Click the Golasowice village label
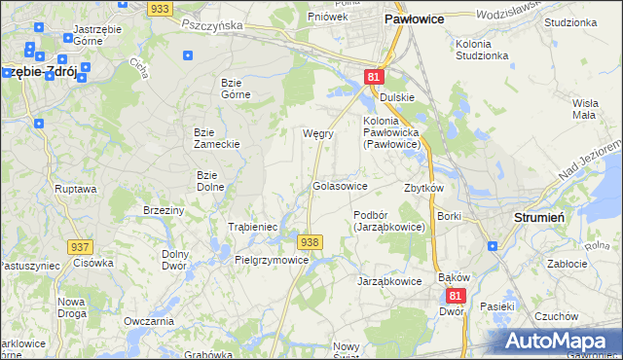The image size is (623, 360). pyautogui.click(x=340, y=185)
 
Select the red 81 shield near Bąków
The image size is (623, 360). pyautogui.click(x=455, y=294)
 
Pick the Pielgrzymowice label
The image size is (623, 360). pyautogui.click(x=272, y=260)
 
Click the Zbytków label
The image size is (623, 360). pyautogui.click(x=423, y=188)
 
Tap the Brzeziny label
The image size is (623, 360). pyautogui.click(x=163, y=210)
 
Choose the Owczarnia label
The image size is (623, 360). pyautogui.click(x=148, y=321)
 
